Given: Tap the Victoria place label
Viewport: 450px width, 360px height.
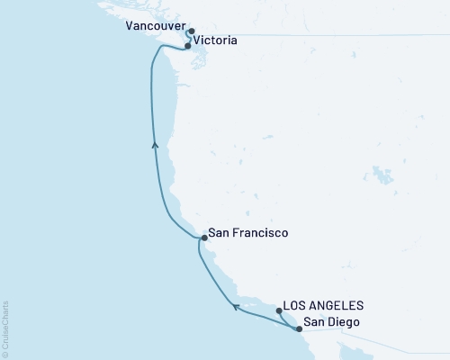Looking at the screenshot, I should [216, 41].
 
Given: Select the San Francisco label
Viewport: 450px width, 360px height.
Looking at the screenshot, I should [247, 233].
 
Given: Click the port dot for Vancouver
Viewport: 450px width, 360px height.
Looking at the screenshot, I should [192, 31].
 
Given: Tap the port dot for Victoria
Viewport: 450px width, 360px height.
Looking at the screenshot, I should [187, 45].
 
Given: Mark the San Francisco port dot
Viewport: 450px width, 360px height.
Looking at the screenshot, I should [204, 238].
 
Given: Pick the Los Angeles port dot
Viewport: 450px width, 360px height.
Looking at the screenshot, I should [280, 311].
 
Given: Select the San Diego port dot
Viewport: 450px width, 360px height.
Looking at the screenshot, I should [298, 329].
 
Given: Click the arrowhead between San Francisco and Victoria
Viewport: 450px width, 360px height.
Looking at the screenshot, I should [156, 144].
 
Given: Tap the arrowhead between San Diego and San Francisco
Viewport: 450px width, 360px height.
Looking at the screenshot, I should [237, 307].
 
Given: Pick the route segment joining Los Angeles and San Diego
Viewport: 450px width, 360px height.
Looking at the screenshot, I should [288, 321].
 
